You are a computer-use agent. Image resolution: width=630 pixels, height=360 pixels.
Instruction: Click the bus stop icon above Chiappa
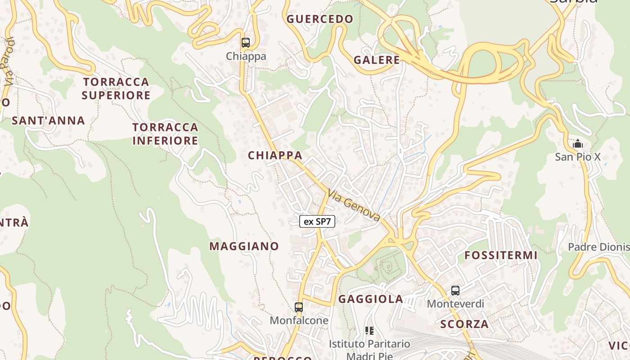tap(245, 43)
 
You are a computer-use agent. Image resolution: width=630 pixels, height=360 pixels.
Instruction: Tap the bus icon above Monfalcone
tap(298, 308)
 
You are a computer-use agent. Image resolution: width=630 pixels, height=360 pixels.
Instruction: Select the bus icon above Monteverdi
tap(455, 291)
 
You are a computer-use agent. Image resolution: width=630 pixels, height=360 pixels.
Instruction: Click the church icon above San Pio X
tap(578, 144)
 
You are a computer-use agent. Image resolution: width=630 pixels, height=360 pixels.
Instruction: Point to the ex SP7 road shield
tap(317, 221)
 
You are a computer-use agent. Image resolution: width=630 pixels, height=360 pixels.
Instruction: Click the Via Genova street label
tap(354, 205)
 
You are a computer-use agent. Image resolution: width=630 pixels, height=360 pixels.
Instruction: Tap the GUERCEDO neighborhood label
tap(320, 19)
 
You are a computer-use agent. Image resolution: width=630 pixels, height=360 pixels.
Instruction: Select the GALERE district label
tap(377, 60)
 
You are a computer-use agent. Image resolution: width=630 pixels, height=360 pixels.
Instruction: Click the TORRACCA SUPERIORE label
tap(116, 89)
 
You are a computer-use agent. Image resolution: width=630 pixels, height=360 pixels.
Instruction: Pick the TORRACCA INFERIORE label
tap(165, 134)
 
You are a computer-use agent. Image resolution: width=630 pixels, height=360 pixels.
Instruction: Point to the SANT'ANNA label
tap(48, 121)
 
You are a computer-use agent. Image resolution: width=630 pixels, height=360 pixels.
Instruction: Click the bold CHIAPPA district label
tap(275, 155)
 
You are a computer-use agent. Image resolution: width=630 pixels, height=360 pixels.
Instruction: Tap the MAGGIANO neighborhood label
tap(244, 246)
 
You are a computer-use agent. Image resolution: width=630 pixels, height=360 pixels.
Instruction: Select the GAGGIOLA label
tap(370, 299)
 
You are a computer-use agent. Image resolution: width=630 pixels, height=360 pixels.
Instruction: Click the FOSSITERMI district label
tap(501, 256)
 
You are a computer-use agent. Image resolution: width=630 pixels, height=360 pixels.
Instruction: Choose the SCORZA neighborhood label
tap(464, 324)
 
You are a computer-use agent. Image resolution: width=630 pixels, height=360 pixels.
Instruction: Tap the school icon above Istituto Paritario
tap(369, 331)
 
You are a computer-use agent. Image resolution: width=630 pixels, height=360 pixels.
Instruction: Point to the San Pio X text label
tap(578, 157)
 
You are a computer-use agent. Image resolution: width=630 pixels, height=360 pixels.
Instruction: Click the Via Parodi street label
tap(8, 63)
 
